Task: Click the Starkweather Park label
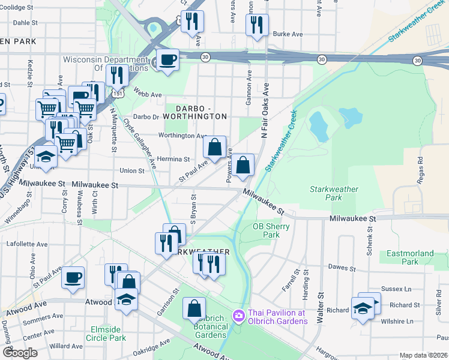click(334, 193)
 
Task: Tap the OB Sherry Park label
click(271, 230)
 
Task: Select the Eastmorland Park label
click(410, 257)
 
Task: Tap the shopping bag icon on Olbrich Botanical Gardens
click(194, 308)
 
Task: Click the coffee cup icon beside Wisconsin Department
click(167, 60)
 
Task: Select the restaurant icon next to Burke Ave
click(256, 25)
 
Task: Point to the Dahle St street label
click(25, 22)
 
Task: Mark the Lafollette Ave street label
click(26, 244)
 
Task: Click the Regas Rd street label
click(420, 169)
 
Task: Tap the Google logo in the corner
click(20, 352)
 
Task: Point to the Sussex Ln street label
click(401, 289)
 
